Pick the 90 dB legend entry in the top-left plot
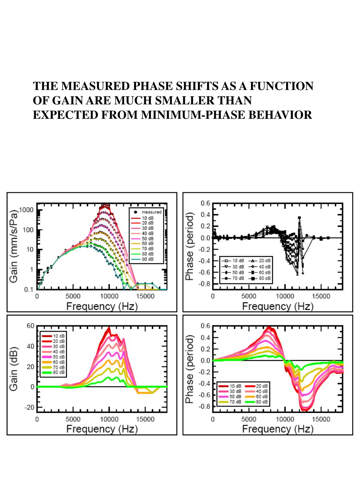coord(147,259)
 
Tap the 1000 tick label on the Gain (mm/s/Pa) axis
coord(26,210)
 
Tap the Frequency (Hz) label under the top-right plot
coord(277,306)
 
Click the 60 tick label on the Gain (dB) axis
coord(31,326)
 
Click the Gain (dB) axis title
coord(14,367)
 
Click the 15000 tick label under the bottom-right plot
coord(321,419)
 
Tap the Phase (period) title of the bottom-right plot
coord(190,369)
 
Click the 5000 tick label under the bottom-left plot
coord(73,419)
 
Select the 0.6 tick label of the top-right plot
coord(206,203)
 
